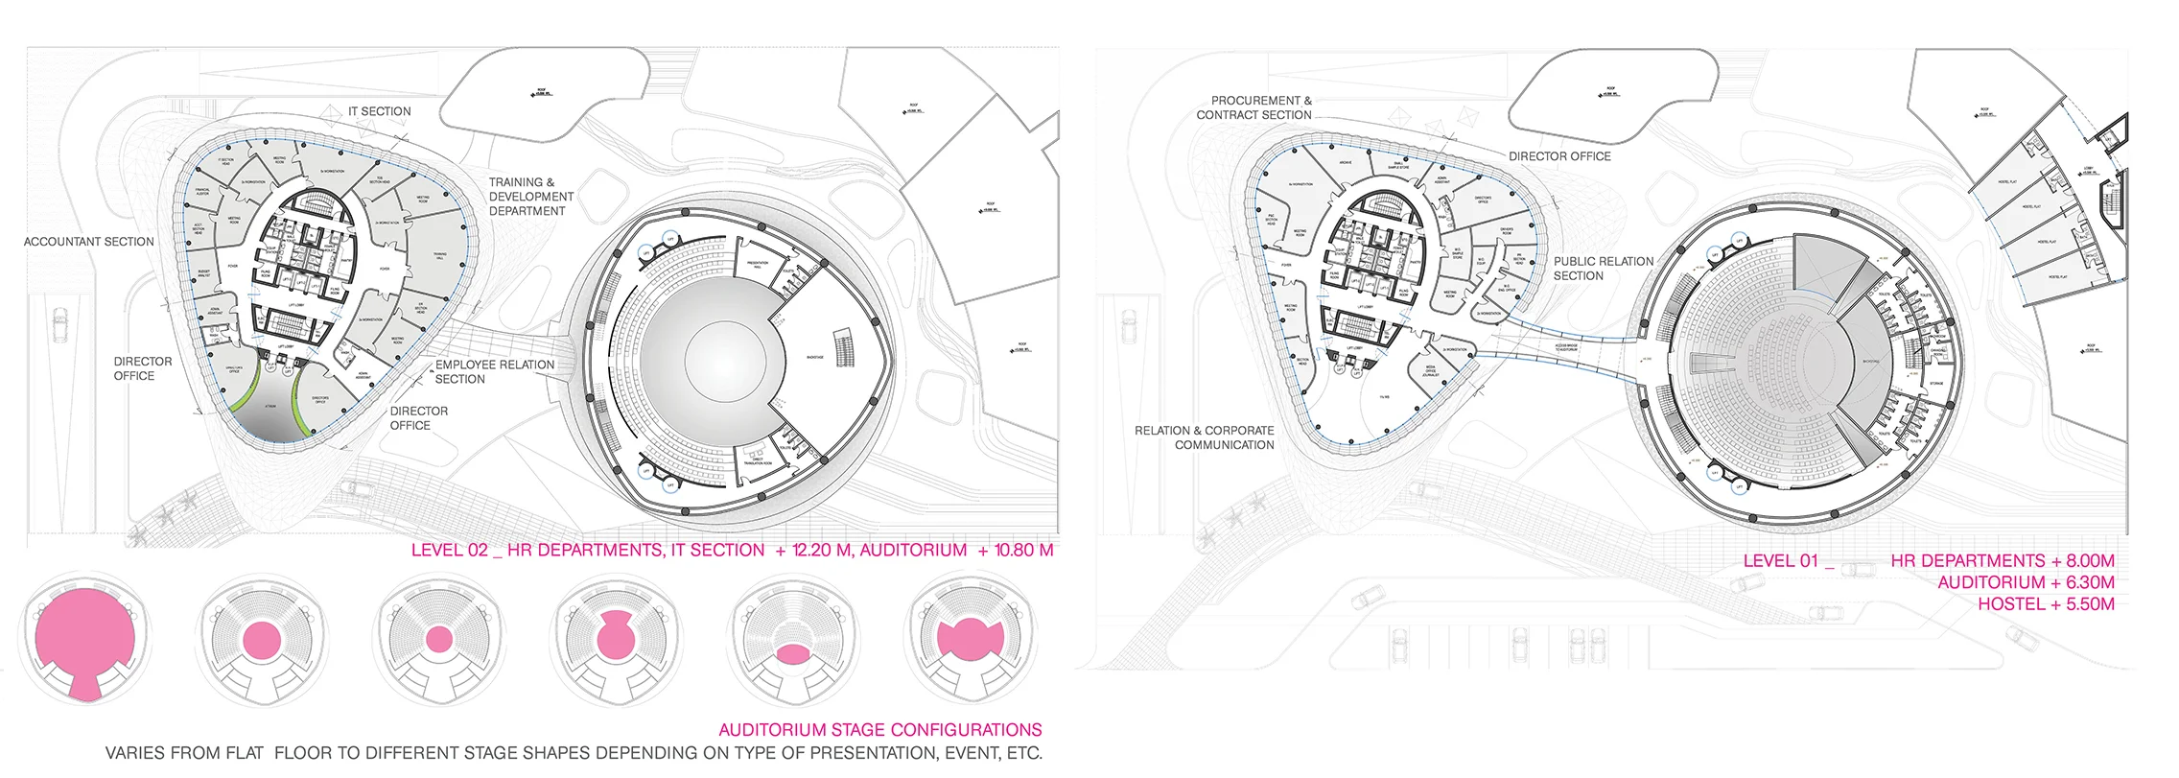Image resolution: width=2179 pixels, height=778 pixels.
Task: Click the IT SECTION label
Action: pyautogui.click(x=379, y=111)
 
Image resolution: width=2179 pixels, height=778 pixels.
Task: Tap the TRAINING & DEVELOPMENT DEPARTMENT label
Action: pyautogui.click(x=530, y=197)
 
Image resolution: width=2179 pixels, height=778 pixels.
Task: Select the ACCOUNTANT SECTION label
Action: pyautogui.click(x=88, y=242)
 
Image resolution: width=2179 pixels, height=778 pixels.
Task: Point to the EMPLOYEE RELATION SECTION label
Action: pyautogui.click(x=494, y=372)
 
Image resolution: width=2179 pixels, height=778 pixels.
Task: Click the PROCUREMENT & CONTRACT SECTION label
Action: pyautogui.click(x=1254, y=107)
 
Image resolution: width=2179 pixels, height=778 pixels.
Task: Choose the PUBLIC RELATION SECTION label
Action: pyautogui.click(x=1603, y=269)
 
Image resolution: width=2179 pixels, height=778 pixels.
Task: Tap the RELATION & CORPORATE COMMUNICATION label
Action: pyautogui.click(x=1205, y=437)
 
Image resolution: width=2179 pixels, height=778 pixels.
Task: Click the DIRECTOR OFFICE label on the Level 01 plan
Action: pyautogui.click(x=1559, y=156)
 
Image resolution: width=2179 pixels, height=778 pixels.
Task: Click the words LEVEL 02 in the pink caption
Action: pyautogui.click(x=450, y=551)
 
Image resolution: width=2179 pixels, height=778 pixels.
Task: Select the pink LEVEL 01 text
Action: pyautogui.click(x=1780, y=561)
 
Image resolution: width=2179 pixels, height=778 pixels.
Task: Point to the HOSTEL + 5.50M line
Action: pyautogui.click(x=2046, y=604)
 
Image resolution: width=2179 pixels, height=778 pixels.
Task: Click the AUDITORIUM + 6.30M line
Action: pyautogui.click(x=2026, y=582)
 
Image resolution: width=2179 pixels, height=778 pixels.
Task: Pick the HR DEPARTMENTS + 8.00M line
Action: pyautogui.click(x=2003, y=561)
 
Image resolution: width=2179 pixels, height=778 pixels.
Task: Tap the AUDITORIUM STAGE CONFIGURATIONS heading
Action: pyautogui.click(x=879, y=730)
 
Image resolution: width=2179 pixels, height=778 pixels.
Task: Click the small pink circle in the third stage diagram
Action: pyautogui.click(x=438, y=639)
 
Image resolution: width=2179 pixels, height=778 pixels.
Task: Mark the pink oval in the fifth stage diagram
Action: pyautogui.click(x=792, y=654)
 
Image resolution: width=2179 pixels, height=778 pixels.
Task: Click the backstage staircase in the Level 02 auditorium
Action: pyautogui.click(x=844, y=347)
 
